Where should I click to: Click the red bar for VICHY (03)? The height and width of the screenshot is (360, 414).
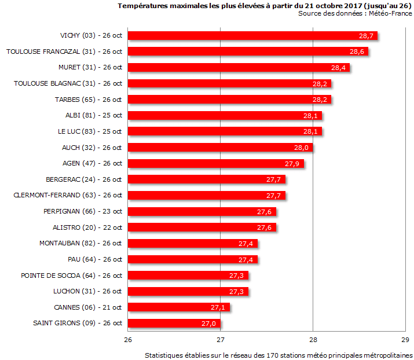point(252,36)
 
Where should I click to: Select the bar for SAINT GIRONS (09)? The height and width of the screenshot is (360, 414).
point(174,323)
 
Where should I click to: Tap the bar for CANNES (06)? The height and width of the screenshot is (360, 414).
point(178,307)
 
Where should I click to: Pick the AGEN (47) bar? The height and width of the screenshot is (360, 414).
point(215,163)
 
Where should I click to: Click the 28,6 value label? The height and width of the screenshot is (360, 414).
point(357,52)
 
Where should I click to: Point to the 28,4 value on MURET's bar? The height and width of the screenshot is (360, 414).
point(338,68)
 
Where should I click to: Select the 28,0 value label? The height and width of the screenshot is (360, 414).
point(301,148)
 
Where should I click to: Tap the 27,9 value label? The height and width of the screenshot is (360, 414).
point(292,164)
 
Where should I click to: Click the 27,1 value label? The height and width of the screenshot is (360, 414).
point(218,307)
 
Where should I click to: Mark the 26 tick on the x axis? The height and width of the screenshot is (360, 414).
point(128,339)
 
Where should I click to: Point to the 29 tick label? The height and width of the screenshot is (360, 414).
point(405,339)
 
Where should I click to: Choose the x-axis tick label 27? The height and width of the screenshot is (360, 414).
point(221,339)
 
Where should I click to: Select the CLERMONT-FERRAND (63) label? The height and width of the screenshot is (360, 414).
point(67,195)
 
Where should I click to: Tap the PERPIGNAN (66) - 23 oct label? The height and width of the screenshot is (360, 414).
point(82,211)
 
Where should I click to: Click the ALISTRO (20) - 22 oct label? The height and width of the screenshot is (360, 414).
point(87,227)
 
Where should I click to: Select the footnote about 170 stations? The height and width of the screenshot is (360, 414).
point(279,354)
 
